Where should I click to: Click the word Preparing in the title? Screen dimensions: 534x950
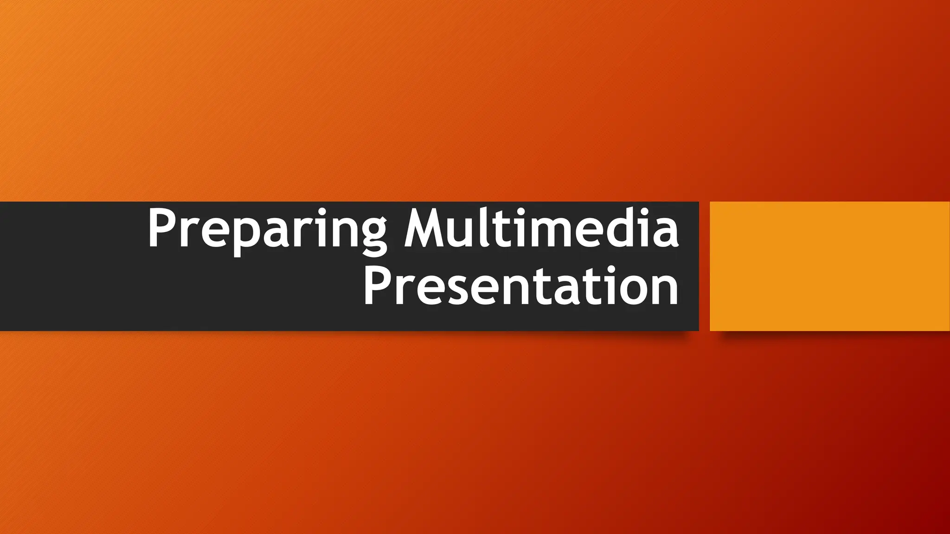coord(267,230)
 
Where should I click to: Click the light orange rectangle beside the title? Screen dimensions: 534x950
coord(829,266)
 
